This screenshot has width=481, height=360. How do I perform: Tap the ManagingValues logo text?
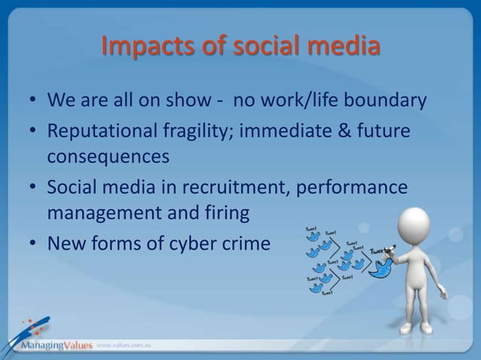coord(47,345)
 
